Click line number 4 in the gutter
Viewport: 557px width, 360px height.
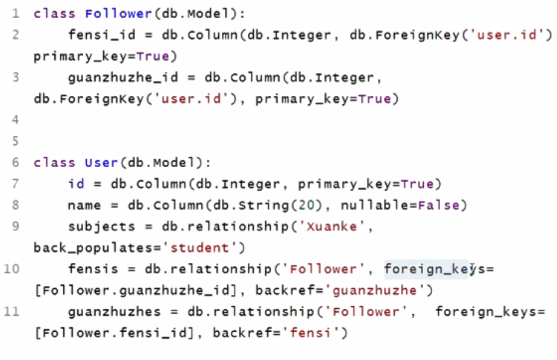(x=15, y=120)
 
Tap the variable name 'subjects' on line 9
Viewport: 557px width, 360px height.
(x=93, y=227)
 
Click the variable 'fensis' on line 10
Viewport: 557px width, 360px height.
(x=89, y=269)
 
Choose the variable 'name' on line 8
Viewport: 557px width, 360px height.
(x=84, y=206)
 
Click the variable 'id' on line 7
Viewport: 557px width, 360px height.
(x=76, y=184)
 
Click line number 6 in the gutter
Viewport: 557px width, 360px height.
(x=15, y=163)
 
